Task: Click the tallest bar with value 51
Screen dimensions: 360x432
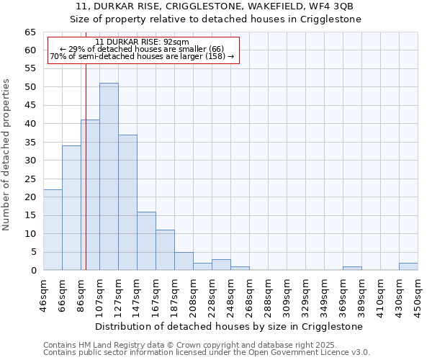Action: click(x=109, y=176)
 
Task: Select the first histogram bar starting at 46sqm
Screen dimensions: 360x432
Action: click(x=53, y=230)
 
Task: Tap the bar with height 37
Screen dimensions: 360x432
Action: click(x=127, y=202)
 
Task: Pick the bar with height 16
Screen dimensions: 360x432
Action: click(x=146, y=240)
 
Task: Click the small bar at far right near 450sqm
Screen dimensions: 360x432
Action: click(x=408, y=266)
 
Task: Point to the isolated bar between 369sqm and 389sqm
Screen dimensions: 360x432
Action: click(x=352, y=268)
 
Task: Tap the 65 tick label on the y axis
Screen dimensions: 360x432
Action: click(x=30, y=32)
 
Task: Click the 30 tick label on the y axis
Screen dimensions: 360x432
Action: click(x=30, y=161)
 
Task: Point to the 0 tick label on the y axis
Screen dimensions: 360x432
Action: click(x=32, y=271)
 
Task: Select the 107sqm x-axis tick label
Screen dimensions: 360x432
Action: click(x=100, y=294)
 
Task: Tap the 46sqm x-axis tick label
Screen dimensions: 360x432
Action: click(x=44, y=294)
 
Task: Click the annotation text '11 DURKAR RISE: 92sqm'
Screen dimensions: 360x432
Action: click(x=142, y=42)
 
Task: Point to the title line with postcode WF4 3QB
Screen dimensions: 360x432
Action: click(x=216, y=6)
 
